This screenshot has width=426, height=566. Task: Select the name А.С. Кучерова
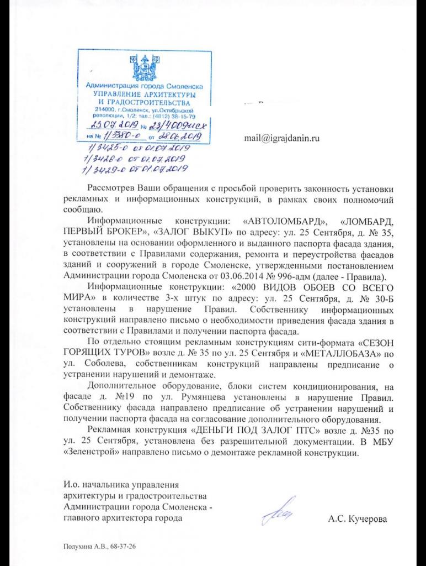[x=358, y=519]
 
